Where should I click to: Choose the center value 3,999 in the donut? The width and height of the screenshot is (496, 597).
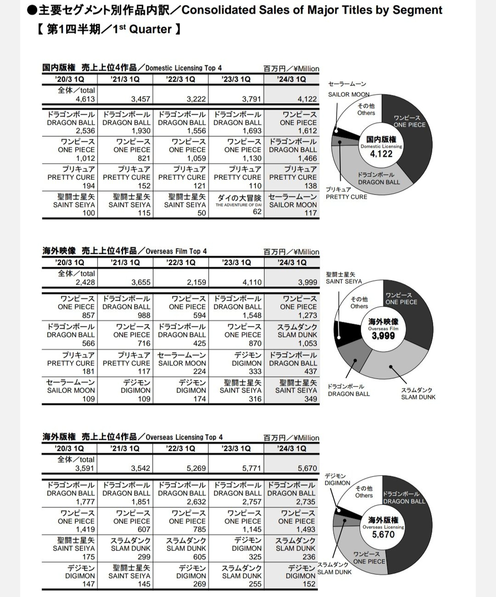(x=383, y=336)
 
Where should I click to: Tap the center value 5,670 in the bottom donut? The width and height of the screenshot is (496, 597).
(x=383, y=534)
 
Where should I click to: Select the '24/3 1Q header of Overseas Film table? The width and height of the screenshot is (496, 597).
(x=292, y=262)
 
